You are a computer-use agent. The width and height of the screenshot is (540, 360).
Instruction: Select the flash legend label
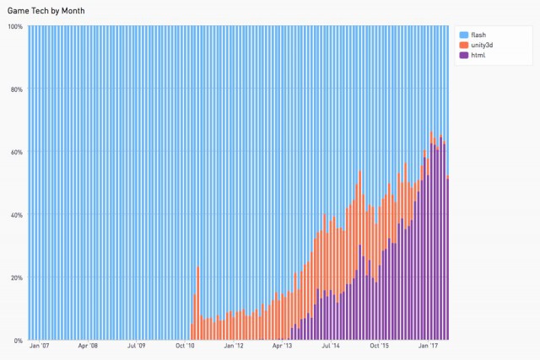478,34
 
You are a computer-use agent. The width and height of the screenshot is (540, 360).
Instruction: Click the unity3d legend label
482,44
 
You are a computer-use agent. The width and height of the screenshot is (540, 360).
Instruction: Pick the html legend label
478,55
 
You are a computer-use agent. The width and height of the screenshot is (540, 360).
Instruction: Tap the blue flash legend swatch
464,34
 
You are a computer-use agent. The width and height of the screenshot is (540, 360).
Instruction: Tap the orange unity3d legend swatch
464,44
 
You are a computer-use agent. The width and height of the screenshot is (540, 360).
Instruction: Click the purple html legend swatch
464,55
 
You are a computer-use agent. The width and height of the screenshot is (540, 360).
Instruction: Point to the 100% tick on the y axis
15,26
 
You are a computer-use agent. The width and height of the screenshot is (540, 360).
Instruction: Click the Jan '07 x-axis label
40,346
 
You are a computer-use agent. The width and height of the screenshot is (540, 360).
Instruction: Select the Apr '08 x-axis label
89,346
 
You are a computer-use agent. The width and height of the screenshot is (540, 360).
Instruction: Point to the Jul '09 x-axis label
137,346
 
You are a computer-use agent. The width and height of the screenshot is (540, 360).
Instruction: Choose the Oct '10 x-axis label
186,346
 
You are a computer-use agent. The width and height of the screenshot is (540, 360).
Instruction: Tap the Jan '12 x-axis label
234,346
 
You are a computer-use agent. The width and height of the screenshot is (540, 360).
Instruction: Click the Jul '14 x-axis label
332,346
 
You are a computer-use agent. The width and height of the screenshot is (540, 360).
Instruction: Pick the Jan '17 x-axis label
429,346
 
